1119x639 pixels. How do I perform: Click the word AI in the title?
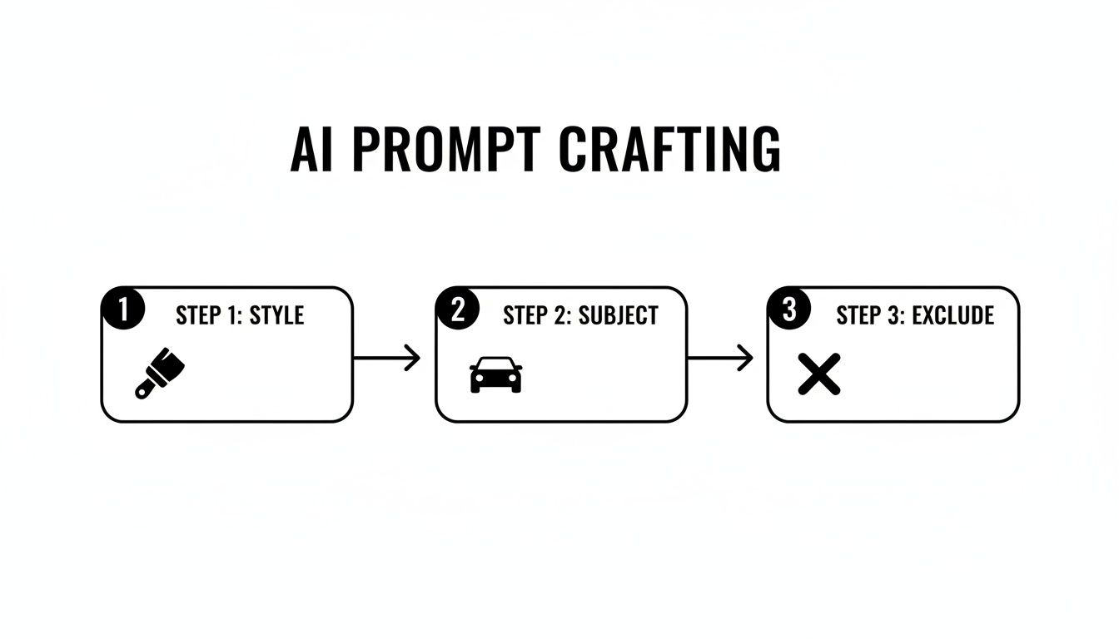(311, 151)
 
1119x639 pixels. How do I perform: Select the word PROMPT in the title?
(444, 151)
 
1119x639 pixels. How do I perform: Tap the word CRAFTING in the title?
(669, 151)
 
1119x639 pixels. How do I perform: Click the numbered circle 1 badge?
(122, 310)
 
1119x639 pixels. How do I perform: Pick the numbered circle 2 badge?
(456, 310)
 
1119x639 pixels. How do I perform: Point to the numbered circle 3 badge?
(788, 310)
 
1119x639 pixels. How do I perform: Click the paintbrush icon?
(160, 373)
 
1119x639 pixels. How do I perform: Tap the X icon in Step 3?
(818, 374)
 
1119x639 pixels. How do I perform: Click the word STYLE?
(276, 315)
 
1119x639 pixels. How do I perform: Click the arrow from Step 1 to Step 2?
(386, 359)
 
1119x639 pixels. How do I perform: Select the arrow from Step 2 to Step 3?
(720, 359)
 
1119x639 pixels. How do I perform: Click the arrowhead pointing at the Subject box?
(413, 359)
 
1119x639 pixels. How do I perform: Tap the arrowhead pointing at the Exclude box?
(746, 359)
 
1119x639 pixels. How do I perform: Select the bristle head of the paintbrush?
(172, 363)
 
